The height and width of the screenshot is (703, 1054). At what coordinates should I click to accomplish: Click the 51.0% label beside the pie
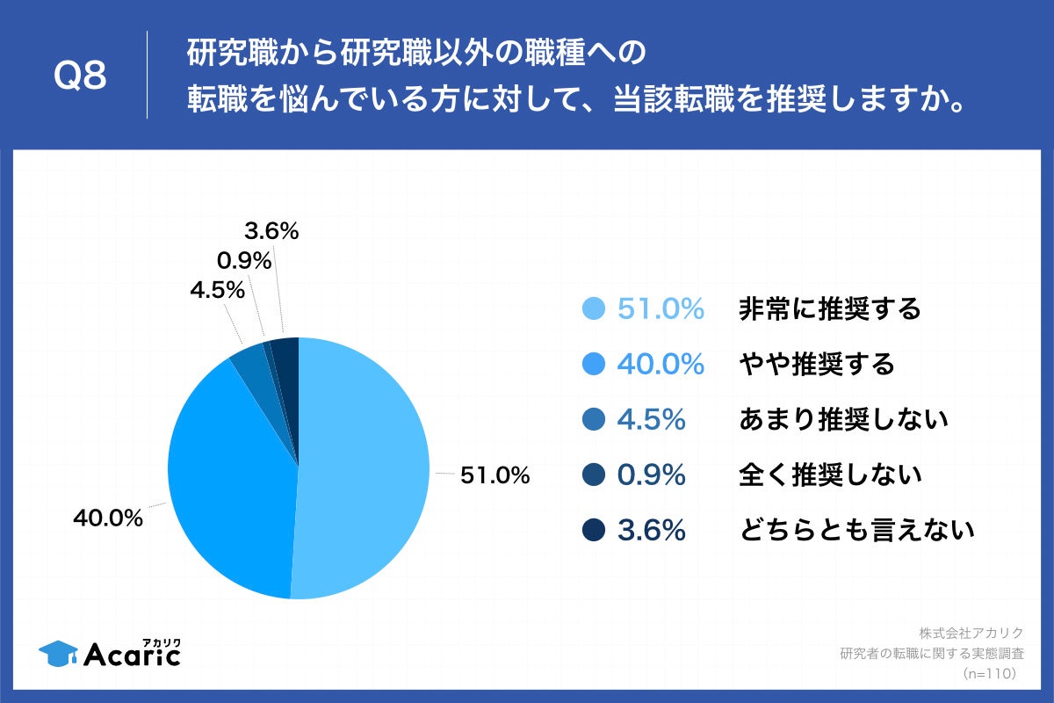(495, 475)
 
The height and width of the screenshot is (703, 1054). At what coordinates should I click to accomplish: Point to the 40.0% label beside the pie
(107, 518)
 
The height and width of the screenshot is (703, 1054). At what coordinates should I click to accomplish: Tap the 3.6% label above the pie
(271, 232)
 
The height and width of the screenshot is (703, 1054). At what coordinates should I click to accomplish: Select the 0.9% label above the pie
(243, 261)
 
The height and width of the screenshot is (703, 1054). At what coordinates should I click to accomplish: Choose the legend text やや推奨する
(816, 364)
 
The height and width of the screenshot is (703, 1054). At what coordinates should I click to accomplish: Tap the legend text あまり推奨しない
(843, 419)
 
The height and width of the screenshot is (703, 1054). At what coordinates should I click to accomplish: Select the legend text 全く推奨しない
(830, 475)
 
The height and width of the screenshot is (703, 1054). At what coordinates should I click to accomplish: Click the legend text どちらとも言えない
(856, 531)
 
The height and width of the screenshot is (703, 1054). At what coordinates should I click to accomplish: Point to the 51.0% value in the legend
(661, 309)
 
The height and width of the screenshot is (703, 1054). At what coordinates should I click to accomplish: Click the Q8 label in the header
(80, 76)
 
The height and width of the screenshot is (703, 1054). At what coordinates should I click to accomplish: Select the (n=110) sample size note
(989, 673)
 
